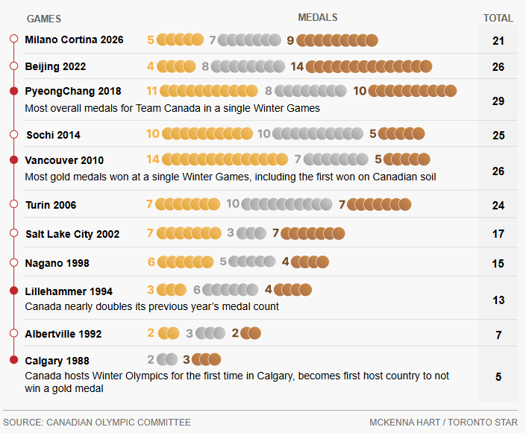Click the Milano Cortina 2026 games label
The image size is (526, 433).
tap(74, 39)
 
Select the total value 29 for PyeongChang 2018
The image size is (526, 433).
tap(498, 101)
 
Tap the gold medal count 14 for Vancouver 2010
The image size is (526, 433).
tap(153, 159)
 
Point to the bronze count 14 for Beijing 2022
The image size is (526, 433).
tap(297, 66)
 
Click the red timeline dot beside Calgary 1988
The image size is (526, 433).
tap(13, 361)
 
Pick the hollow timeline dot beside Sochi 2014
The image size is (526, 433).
tap(13, 135)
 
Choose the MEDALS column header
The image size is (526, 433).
tap(317, 17)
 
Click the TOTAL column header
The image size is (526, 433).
tap(498, 18)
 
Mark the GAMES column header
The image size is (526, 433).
tap(44, 19)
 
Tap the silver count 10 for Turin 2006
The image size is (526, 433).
tap(233, 204)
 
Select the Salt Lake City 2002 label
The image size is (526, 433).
tap(72, 234)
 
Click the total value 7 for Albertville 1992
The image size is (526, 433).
tap(498, 335)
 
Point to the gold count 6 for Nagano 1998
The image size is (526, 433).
tap(151, 262)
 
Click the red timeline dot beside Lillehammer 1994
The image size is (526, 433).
tap(13, 291)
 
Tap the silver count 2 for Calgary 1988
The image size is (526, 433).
tap(151, 359)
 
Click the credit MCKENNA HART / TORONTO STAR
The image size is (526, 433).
tap(443, 423)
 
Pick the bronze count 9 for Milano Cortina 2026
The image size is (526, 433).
tap(290, 40)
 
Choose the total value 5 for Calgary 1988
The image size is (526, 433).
tap(498, 377)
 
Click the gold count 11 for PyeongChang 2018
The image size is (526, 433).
tap(151, 91)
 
